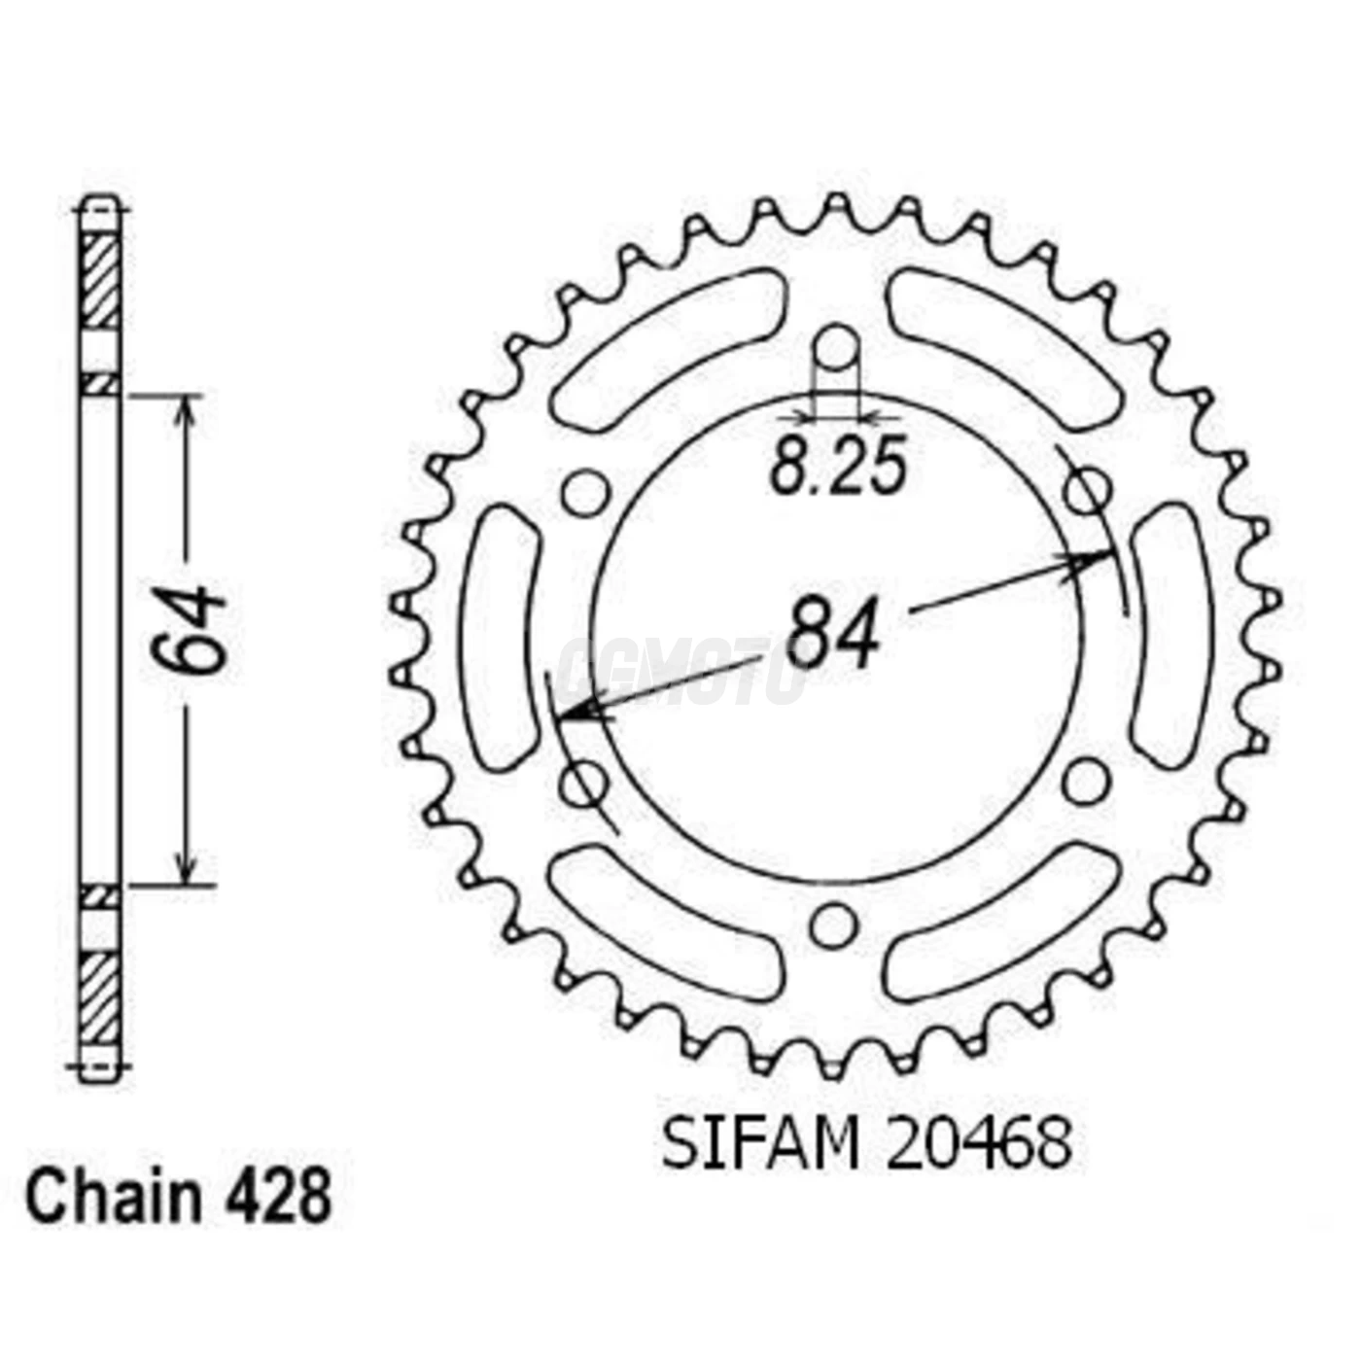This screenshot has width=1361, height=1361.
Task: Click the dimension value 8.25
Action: tap(838, 466)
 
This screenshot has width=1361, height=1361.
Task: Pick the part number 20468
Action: tap(979, 1143)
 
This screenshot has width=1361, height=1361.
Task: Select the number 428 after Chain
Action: tap(278, 1198)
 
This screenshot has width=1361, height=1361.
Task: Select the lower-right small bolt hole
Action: tap(1086, 781)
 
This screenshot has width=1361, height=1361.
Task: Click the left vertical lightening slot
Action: tap(501, 637)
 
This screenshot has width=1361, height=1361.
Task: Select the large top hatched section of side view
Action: tap(99, 281)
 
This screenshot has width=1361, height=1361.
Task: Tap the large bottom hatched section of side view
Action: tap(99, 997)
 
